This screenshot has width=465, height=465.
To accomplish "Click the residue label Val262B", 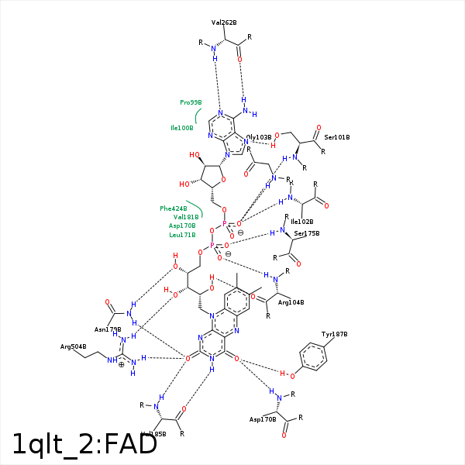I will click(224, 23).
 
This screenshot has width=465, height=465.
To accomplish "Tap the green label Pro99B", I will click(191, 102).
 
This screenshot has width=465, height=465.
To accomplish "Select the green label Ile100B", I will click(182, 128).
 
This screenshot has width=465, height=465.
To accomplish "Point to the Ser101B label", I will click(337, 137).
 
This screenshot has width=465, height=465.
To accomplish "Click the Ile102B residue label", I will click(301, 221).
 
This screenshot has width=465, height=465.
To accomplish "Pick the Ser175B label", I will click(307, 233).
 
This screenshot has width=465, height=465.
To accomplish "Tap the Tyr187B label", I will click(334, 334).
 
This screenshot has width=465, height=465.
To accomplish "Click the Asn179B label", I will click(108, 329).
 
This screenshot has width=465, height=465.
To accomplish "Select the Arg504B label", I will click(73, 346).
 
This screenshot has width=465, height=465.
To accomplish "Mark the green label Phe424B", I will click(174, 208).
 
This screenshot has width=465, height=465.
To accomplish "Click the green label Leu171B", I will click(182, 234).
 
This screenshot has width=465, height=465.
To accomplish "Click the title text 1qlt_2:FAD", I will click(85, 443).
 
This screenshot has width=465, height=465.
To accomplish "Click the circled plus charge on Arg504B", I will click(121, 364).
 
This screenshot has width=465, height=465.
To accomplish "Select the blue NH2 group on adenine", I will click(248, 112).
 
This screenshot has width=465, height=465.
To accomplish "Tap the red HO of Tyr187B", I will click(285, 375).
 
